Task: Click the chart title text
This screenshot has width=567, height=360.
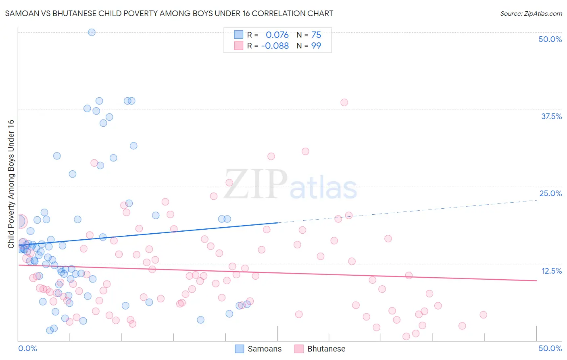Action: coord(169,13)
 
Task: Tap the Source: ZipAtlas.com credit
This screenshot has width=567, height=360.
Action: coord(531,13)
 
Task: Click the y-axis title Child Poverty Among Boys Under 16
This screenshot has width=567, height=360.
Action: coord(11,184)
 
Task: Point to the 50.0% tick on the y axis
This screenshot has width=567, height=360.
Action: coord(550,39)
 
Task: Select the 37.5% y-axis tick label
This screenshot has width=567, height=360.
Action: coord(551,116)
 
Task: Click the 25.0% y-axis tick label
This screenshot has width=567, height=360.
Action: coord(550,193)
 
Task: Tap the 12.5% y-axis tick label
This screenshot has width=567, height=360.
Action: coord(551,271)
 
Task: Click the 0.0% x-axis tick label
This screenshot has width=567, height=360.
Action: coord(27,348)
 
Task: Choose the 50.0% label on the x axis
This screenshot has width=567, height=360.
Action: coord(550,348)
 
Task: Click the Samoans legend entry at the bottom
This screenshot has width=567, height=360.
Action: coord(258,349)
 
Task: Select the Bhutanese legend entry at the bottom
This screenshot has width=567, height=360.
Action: coord(320,349)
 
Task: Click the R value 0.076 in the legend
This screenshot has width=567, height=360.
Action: coord(277,35)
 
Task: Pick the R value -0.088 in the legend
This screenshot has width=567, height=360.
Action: coord(275,46)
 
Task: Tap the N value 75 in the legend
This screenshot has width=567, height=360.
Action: coord(316,35)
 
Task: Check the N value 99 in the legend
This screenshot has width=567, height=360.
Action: coord(316,46)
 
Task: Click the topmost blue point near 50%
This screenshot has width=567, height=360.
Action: coord(92,32)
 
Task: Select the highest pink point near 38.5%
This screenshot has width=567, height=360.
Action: coord(344,103)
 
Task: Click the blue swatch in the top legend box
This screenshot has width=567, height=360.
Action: coord(239,35)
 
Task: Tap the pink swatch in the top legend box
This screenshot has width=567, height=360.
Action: coord(239,46)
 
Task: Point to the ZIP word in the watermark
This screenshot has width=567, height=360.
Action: coord(256,184)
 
